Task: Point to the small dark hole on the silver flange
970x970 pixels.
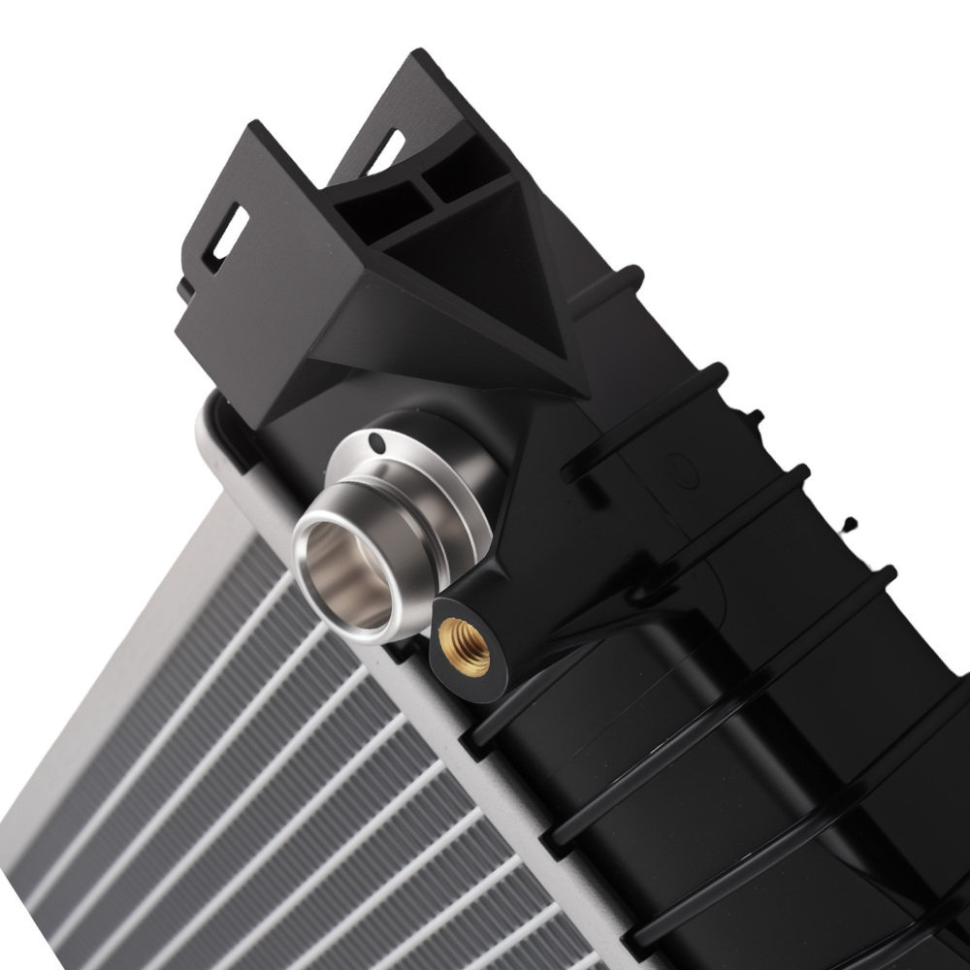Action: tap(379, 445)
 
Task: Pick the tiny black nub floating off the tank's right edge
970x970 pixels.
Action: tap(851, 525)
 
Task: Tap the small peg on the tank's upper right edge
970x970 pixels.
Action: tap(752, 418)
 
